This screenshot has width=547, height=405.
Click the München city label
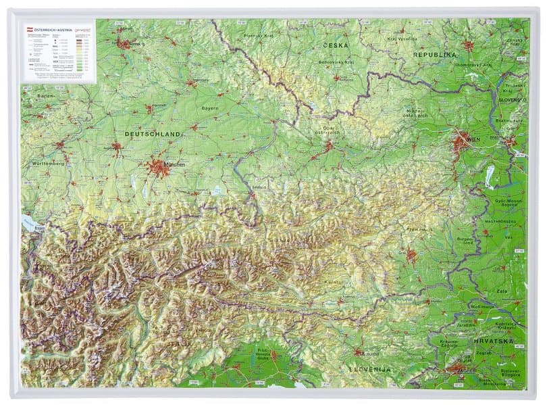tap(174, 164)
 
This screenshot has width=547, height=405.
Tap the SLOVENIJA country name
tap(369, 369)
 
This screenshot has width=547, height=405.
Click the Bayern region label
tap(210, 108)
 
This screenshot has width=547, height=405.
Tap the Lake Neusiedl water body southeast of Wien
tap(488, 175)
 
